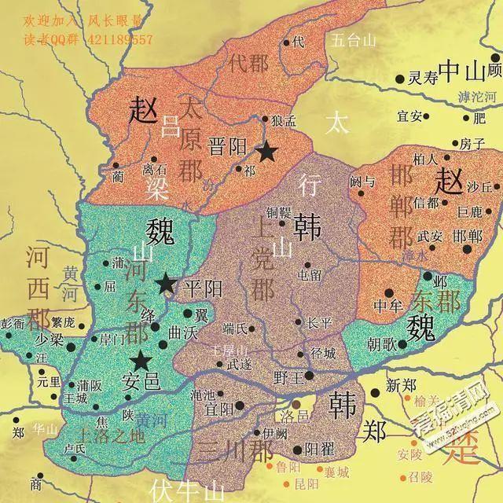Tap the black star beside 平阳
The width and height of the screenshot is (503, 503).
point(166,284)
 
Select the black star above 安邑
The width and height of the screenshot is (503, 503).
point(141,361)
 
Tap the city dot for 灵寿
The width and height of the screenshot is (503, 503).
point(401,78)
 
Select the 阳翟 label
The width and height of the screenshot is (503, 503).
point(318,449)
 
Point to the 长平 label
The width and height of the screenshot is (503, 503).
point(319,322)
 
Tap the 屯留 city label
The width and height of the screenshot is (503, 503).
point(310,275)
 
